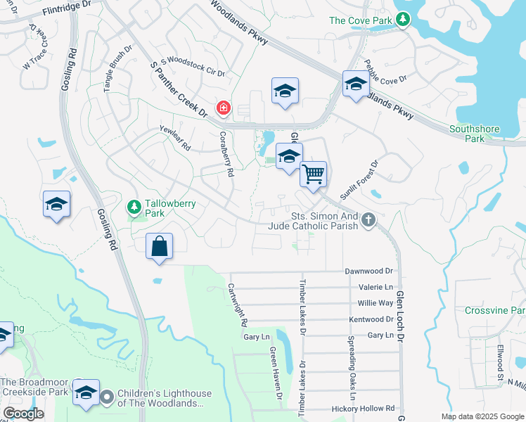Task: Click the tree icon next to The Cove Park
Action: click(x=403, y=20)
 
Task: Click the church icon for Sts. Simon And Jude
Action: click(x=367, y=222)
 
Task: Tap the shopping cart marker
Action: click(x=313, y=173)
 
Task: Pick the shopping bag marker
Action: click(x=160, y=246)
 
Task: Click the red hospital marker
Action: click(x=224, y=108)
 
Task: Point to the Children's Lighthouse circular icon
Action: click(x=107, y=398)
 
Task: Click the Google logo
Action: click(x=24, y=414)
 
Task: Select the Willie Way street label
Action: click(x=376, y=303)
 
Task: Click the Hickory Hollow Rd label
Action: click(x=365, y=408)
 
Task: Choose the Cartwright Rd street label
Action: click(x=237, y=304)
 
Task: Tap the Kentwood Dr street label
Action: click(x=371, y=319)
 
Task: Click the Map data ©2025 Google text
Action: click(x=482, y=416)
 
